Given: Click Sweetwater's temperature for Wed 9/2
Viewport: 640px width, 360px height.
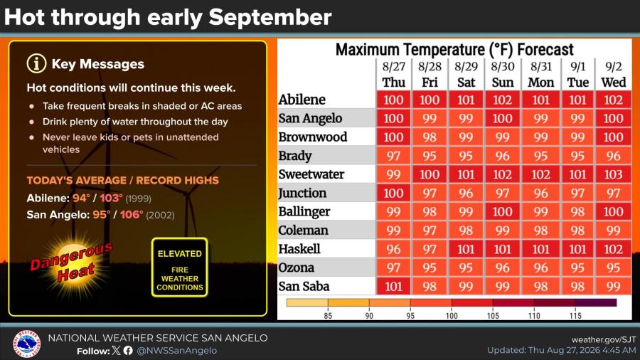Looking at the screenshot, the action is coord(613,174).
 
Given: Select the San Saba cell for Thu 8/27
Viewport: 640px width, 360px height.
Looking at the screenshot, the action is coord(393,286).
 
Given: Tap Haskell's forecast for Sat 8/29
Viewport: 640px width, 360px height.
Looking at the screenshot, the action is coord(466,249).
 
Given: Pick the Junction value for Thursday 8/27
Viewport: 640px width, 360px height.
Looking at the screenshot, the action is coord(393,193).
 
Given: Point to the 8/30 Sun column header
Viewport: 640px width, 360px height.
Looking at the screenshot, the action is coord(503,74).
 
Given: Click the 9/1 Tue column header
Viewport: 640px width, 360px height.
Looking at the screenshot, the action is coord(577,74).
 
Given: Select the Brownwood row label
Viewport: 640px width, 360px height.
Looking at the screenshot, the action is coord(313,137).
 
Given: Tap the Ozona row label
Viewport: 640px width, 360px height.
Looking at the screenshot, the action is coord(297,268).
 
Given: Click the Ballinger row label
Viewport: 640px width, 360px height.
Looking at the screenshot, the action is coord(304,212).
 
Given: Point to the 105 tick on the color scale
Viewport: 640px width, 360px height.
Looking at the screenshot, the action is coord(493,315).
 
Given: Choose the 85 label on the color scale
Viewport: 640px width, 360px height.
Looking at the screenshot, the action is coord(328,315).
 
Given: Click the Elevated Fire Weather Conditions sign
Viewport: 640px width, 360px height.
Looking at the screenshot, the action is coord(180,268).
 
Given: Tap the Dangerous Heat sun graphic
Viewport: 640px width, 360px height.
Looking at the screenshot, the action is coord(73,264).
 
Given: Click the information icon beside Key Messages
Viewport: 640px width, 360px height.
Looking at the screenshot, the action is coord(36,63).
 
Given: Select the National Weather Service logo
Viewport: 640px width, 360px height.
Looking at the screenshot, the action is coord(26,344).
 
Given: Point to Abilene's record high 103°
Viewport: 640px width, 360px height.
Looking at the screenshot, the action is coord(111,198).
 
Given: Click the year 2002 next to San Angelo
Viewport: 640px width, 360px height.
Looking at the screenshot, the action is coord(160,215).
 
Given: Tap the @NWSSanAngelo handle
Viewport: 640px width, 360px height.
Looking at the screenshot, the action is coord(177,351).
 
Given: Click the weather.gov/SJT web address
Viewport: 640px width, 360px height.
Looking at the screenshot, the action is coord(604,339).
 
